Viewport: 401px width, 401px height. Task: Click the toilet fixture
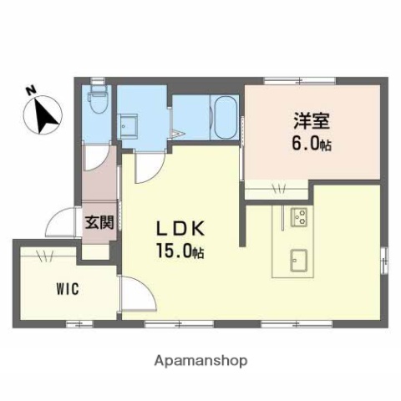[98, 101]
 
